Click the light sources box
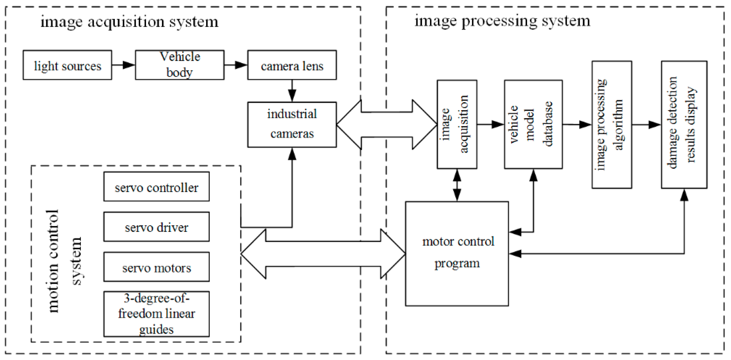[67, 65]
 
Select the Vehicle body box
[180, 65]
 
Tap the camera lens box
[292, 65]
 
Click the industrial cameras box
[292, 125]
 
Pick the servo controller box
[156, 186]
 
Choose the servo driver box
[156, 227]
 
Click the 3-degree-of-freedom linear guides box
[156, 314]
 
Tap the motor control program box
[457, 254]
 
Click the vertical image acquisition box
[457, 124]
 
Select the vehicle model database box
[533, 124]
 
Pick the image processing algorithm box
[611, 125]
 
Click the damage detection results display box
[684, 125]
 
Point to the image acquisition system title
[129, 22]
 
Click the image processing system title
[502, 21]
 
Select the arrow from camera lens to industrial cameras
[292, 91]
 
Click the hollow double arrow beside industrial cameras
[386, 125]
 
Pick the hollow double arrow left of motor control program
[323, 254]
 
